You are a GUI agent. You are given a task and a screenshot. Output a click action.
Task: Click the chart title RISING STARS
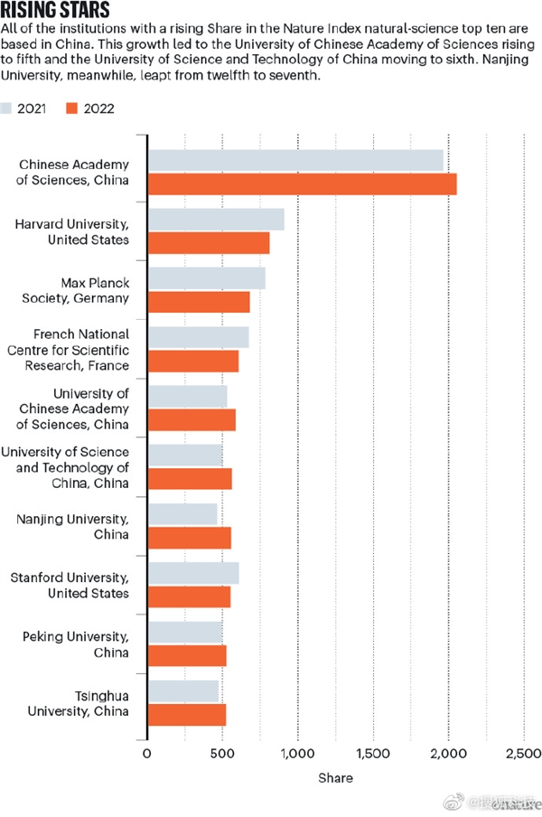coord(56,11)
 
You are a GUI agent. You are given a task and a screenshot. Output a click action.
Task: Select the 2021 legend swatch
coord(12,108)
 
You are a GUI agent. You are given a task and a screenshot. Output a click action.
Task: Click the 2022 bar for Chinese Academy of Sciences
coord(302,183)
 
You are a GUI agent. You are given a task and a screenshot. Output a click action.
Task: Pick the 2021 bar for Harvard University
coord(215,220)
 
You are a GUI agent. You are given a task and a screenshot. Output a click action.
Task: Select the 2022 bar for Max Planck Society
coord(198,302)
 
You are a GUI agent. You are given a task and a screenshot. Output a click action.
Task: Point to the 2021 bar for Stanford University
coord(192,573)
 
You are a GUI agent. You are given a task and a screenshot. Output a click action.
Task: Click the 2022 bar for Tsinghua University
coord(186,714)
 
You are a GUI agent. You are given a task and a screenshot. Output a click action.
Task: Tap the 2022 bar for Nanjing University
coord(189,538)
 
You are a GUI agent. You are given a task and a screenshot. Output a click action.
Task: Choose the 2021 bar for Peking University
coord(184,632)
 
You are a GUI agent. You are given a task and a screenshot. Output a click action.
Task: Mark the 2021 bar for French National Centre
coord(198,337)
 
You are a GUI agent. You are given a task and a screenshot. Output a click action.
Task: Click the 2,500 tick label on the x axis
coord(523,753)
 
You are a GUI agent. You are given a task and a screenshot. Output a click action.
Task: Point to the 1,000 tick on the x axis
coord(297,753)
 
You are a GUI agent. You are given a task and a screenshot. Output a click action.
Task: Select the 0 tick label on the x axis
coord(147,753)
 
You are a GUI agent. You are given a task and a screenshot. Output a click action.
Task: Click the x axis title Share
coord(335,777)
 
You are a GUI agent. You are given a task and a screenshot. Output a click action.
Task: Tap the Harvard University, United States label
coord(82,231)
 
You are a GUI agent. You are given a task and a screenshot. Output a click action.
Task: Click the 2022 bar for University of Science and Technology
coord(190,479)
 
